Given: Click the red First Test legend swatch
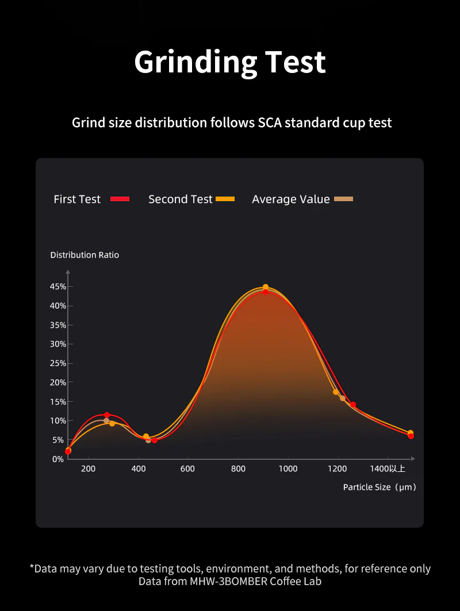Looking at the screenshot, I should (121, 199).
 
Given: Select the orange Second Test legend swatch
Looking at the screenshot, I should (226, 199).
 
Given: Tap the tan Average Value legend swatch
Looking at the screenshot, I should (343, 199).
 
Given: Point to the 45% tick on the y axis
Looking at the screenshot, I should (58, 286).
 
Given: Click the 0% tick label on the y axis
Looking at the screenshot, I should (57, 459).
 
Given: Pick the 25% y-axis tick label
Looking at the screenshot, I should (58, 363).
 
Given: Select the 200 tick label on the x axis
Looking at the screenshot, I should (88, 469).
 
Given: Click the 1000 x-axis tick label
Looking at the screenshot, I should (288, 469).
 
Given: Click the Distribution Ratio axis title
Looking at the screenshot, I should (85, 255).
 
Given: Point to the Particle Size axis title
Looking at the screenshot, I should (379, 487).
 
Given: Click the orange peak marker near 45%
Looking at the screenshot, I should (266, 287).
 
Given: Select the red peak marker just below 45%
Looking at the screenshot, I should (266, 292).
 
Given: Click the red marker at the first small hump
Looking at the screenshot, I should (107, 415).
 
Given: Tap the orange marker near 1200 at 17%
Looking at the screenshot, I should (336, 392).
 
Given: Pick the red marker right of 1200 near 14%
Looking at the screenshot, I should (353, 405).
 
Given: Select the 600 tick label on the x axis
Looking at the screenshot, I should (187, 469).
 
